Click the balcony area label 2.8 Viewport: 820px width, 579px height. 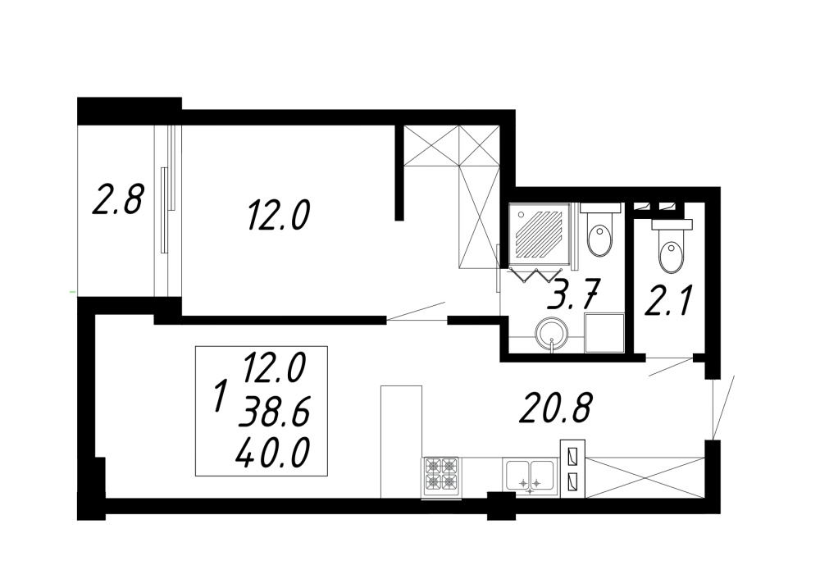pos(117,198)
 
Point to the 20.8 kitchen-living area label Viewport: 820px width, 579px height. pos(555,408)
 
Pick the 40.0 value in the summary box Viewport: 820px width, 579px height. pos(272,453)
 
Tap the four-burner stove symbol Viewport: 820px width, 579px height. pos(442,477)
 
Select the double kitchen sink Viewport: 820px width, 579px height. pos(530,475)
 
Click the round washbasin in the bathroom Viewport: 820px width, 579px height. pos(551,334)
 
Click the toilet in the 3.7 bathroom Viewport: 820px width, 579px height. pos(600,233)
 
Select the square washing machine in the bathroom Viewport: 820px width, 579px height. pos(604,333)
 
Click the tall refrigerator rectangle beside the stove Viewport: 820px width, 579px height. pos(401,442)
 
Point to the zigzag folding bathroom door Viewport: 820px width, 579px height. pos(535,275)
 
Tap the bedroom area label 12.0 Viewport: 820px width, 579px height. pos(280,216)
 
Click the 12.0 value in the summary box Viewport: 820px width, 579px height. pos(274,367)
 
